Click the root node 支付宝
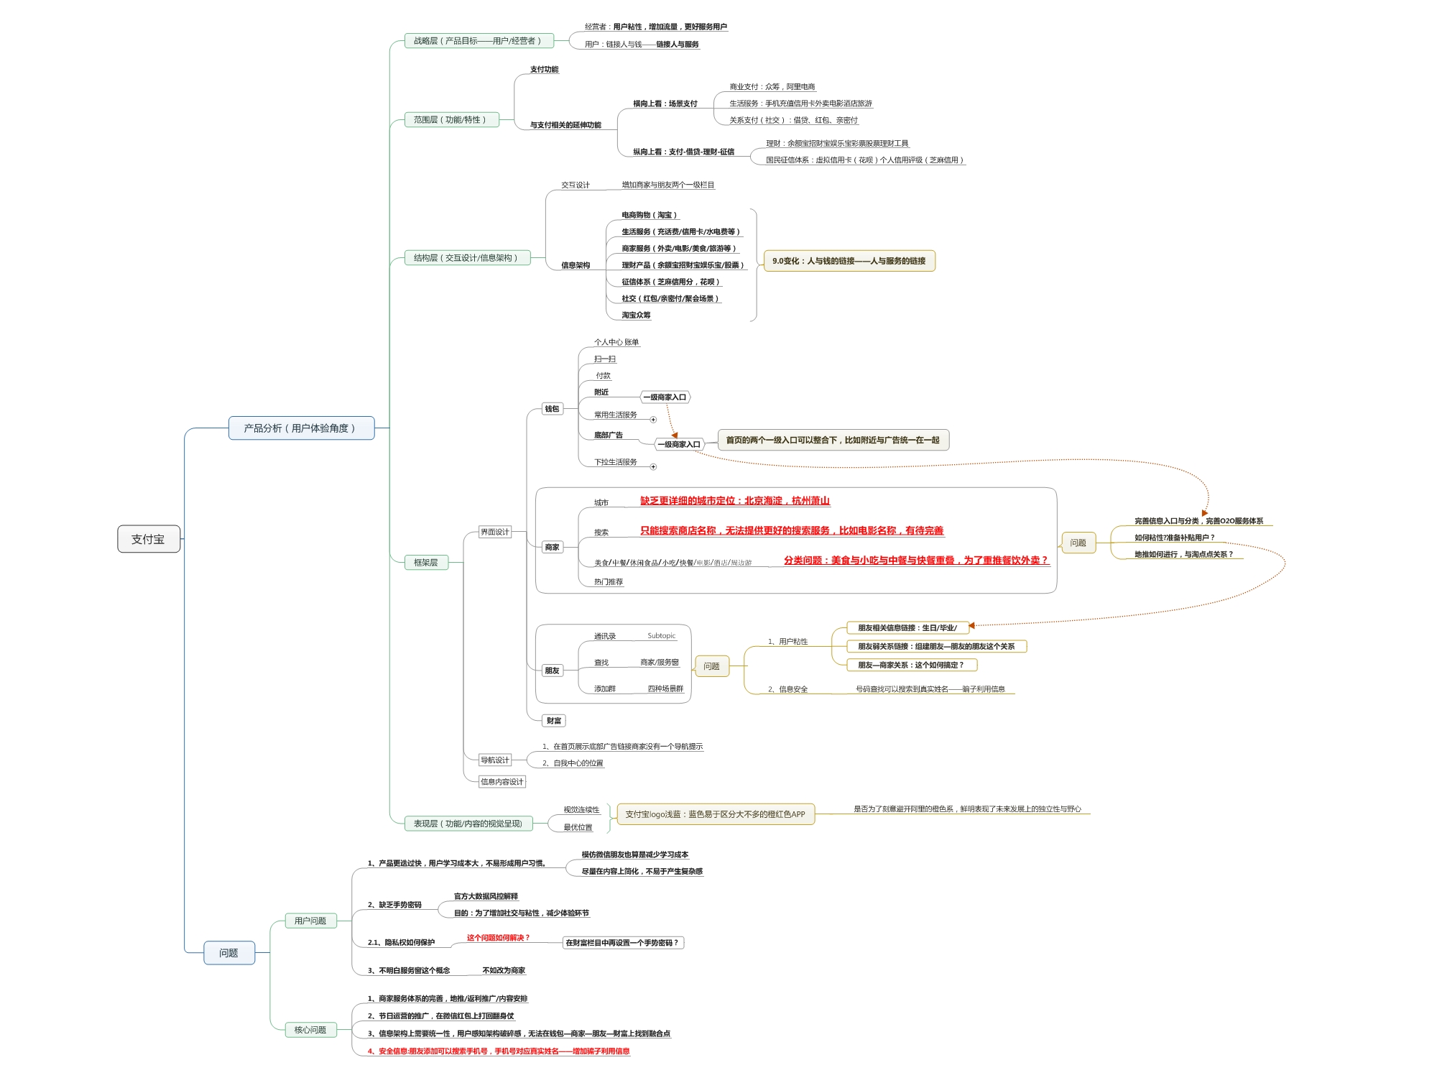148,539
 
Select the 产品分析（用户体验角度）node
301,428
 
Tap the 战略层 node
478,41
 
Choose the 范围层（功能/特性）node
450,120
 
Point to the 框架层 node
426,563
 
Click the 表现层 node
468,824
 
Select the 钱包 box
552,409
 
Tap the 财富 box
554,721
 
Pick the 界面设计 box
495,533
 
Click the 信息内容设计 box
502,782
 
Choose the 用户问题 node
310,921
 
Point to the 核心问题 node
310,1030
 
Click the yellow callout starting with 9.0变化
849,261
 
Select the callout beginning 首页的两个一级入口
833,440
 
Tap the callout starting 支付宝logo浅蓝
715,814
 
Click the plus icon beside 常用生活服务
653,420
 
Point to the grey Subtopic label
661,636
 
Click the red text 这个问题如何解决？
498,938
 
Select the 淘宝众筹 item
637,315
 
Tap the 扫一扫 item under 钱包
605,359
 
